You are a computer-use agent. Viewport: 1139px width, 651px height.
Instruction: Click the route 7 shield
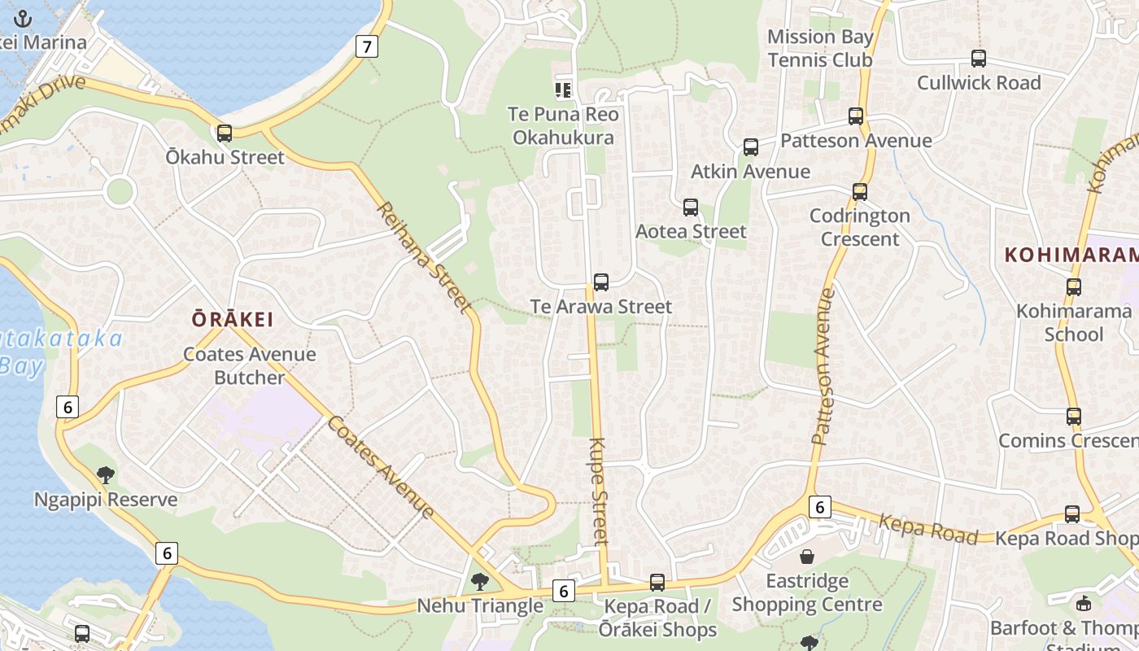tap(367, 46)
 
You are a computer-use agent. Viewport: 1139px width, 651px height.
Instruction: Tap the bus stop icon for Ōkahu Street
tap(225, 133)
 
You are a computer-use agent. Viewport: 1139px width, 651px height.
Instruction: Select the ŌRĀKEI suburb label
tap(233, 319)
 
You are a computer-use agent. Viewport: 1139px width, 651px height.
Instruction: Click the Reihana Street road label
tap(423, 257)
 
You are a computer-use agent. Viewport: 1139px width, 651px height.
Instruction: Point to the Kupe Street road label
tap(599, 492)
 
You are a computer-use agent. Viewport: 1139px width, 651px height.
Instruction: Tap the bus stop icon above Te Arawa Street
tap(601, 282)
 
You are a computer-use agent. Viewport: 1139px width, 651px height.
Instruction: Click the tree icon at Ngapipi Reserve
tap(105, 475)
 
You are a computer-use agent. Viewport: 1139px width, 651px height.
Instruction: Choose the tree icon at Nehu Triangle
tap(480, 581)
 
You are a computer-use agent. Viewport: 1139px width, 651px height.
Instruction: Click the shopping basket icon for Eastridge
tap(807, 557)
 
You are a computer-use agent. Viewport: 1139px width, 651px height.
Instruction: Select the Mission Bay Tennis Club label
tap(820, 48)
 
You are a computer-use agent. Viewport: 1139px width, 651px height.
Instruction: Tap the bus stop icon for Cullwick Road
tap(979, 59)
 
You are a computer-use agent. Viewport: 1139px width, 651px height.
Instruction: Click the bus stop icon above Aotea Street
tap(691, 208)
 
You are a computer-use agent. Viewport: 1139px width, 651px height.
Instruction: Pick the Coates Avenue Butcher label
tap(249, 365)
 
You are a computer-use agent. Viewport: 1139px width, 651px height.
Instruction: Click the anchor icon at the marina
tap(23, 19)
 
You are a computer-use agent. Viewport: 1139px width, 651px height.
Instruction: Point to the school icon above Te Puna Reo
tap(563, 90)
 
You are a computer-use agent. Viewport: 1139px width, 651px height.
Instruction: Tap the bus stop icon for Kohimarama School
tap(1074, 287)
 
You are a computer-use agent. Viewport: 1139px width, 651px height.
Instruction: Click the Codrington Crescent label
tap(860, 227)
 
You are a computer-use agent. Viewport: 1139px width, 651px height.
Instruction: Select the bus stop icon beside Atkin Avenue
tap(751, 147)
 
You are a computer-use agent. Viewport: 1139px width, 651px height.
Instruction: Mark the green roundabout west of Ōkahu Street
tap(120, 191)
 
